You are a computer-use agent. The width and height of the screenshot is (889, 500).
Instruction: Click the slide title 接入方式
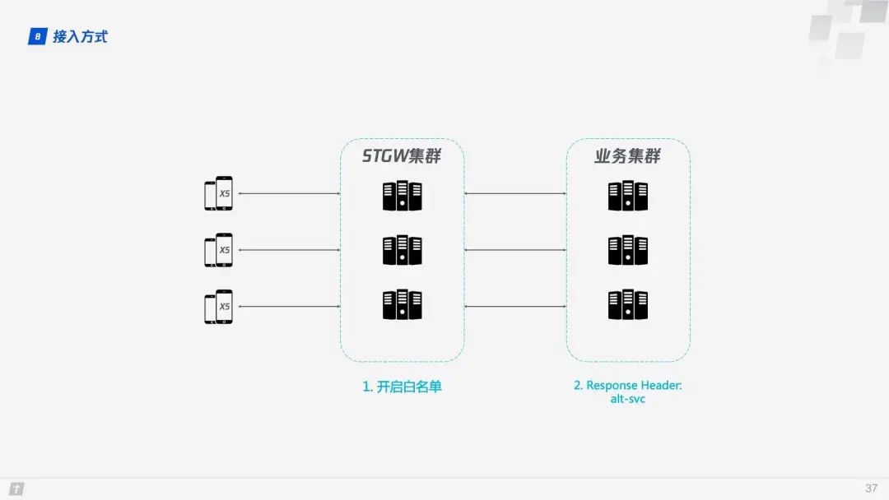(80, 36)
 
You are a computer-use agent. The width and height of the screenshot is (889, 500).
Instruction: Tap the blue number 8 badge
(37, 36)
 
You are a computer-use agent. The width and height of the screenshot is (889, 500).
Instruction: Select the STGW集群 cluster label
(402, 155)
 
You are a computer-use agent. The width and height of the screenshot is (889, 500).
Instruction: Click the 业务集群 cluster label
(627, 155)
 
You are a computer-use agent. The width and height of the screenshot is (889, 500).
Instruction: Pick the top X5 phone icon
(218, 194)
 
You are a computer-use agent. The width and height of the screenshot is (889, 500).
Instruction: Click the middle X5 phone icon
(218, 250)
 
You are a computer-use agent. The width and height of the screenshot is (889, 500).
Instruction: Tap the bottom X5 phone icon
(218, 307)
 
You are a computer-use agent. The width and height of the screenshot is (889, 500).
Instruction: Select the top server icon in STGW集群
(402, 196)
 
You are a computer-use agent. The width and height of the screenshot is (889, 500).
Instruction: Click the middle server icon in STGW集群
(402, 250)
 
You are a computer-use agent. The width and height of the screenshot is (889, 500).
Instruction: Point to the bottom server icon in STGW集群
(402, 305)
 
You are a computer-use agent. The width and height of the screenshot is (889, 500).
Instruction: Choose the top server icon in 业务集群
(627, 196)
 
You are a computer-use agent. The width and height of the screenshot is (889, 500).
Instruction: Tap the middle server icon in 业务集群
(627, 250)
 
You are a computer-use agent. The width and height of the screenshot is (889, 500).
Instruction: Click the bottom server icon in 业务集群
(627, 305)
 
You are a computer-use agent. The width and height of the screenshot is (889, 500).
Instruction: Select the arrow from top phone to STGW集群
(288, 194)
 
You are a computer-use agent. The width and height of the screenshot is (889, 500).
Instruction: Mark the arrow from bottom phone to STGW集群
(288, 307)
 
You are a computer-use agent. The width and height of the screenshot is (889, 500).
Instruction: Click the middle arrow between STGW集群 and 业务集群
(515, 250)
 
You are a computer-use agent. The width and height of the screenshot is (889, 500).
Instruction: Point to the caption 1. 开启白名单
(402, 387)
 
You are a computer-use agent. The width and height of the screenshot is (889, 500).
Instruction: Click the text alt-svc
(627, 399)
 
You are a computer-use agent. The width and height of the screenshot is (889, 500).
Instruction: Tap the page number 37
(871, 488)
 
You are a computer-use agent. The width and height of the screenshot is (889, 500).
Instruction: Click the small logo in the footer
(16, 488)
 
